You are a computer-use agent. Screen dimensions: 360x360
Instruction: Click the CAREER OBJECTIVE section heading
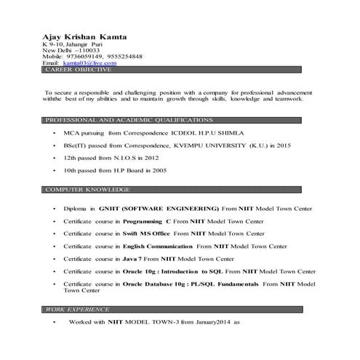79,70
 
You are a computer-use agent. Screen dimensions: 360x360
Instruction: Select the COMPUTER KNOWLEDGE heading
88,189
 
